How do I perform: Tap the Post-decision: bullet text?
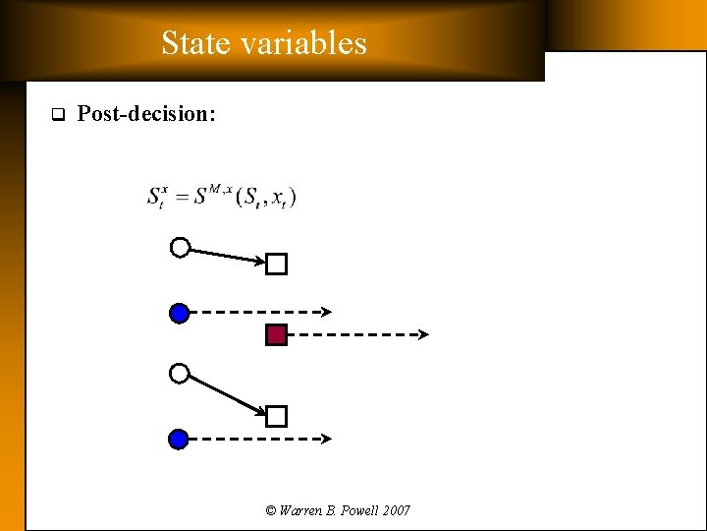(146, 114)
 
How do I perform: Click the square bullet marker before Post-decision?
(57, 114)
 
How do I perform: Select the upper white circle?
(180, 248)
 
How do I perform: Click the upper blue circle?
(179, 313)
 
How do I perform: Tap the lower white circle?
(179, 374)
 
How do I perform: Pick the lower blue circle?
(179, 439)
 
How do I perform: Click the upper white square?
(277, 264)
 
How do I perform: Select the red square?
(277, 335)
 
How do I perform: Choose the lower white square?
(277, 416)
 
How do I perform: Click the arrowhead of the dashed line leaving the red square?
(424, 335)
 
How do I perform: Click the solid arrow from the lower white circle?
(226, 393)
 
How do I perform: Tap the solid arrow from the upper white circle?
(226, 256)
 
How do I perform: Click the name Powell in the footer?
(355, 510)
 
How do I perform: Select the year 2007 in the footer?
(396, 510)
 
